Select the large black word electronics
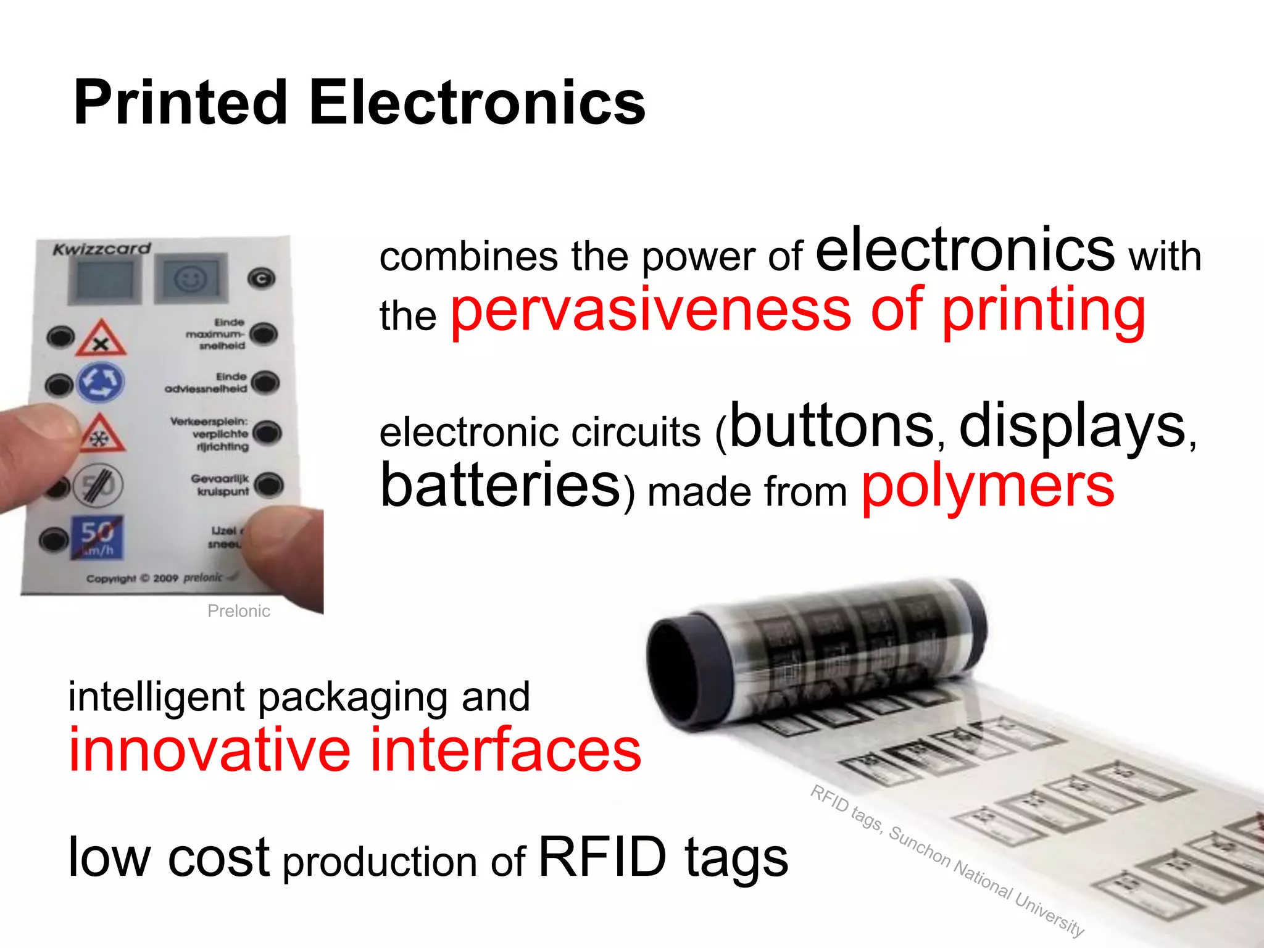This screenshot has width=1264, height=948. (965, 250)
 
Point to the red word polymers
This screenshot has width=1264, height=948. (987, 488)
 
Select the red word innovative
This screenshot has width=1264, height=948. (210, 750)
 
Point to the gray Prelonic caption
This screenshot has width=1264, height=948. (238, 611)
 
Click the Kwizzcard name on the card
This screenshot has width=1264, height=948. (102, 249)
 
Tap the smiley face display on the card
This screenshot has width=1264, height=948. (190, 280)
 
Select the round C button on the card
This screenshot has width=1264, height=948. (261, 279)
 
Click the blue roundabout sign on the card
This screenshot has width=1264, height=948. (100, 383)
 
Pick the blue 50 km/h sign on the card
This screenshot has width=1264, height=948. (98, 537)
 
